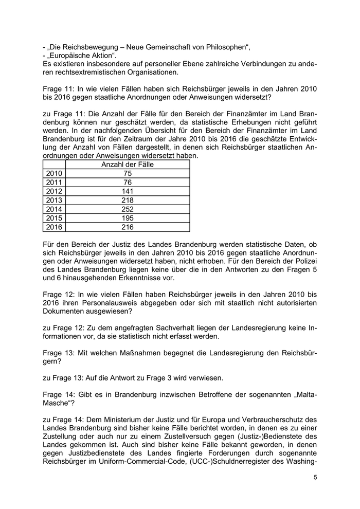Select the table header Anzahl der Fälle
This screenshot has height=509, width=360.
[x=128, y=165]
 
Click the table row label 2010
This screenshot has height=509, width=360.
[x=53, y=174]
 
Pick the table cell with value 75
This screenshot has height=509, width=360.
[x=128, y=174]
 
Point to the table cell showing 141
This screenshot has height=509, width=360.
[x=128, y=191]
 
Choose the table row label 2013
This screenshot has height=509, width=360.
[x=53, y=201]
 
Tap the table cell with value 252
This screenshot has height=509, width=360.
[x=128, y=209]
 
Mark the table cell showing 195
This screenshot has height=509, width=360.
[x=128, y=218]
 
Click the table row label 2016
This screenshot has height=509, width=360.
[x=53, y=227]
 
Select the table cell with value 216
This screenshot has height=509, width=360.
[x=128, y=227]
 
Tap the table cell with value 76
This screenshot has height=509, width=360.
[x=128, y=183]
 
